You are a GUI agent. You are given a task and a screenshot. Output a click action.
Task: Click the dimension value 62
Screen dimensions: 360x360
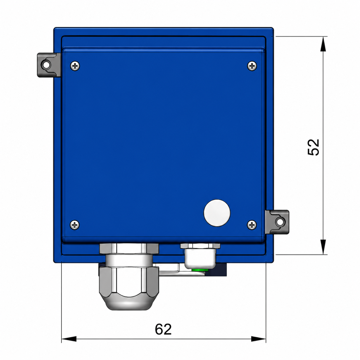163,329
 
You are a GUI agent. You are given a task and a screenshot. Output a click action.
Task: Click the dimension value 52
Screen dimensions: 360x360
313,147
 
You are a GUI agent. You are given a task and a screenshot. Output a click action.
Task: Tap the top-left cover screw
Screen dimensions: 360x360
75,66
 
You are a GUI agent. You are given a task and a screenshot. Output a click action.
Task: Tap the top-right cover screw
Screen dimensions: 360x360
252,66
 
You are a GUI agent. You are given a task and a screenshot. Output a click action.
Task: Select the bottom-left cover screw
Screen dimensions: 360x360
75,225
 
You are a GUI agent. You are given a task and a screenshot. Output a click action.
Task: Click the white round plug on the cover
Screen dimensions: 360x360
217,213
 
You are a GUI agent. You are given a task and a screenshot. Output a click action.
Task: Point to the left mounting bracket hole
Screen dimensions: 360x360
46,65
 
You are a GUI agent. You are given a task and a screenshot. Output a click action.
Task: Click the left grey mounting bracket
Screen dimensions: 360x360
49,65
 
